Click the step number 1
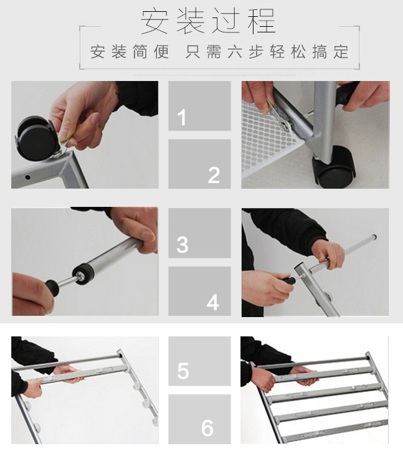point(182,118)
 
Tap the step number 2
point(214,175)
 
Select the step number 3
point(183,245)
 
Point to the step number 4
point(212,303)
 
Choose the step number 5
point(183,371)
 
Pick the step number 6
point(207,428)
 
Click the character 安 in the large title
point(154,21)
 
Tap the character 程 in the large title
point(262,21)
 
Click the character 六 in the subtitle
point(235,52)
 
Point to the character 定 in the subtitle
point(341,52)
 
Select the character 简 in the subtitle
point(140,52)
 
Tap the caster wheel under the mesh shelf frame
point(334,168)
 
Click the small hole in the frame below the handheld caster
point(27,177)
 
